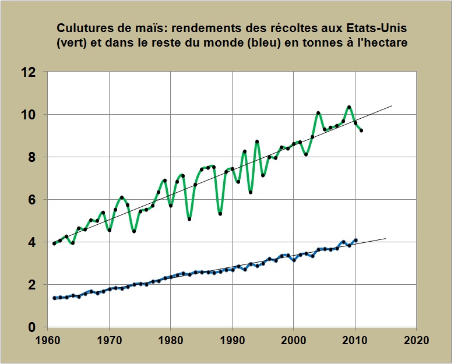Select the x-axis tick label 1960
click(48, 340)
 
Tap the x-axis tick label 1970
click(109, 340)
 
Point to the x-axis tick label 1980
click(171, 340)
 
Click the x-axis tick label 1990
click(232, 340)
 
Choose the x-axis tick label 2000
click(294, 340)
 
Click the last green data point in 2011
click(361, 130)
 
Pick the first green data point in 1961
click(54, 243)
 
